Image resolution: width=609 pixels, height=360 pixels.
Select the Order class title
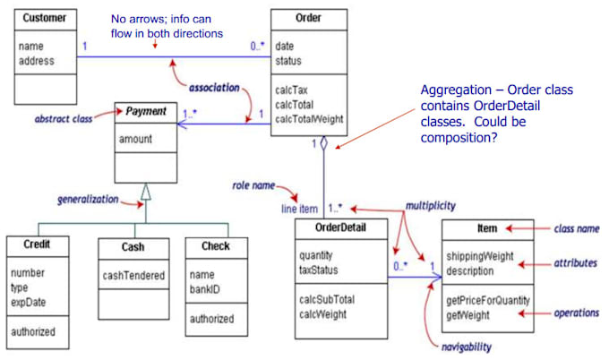308,19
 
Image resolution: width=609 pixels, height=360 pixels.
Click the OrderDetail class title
339,227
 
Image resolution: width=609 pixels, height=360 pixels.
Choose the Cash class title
133,246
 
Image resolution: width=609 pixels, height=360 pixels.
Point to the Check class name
216,246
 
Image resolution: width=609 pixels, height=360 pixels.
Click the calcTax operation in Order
295,89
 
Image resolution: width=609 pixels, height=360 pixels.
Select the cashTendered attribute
133,275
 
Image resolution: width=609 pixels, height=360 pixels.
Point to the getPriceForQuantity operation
487,300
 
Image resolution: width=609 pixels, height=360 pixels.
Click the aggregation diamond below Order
324,144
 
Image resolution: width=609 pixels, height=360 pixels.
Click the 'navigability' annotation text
465,346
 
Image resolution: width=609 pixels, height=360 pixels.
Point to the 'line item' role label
299,208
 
